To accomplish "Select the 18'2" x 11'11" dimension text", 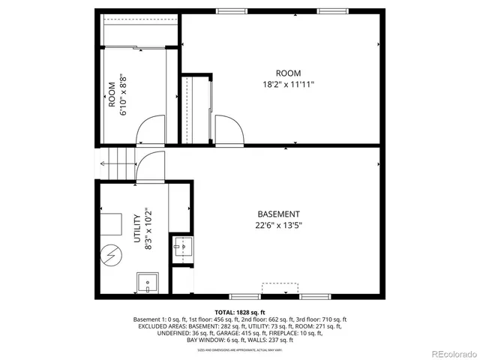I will point(288,85).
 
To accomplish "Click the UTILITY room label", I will point(136,228).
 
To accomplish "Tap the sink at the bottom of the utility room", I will point(148,284).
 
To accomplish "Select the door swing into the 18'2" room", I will point(228,129).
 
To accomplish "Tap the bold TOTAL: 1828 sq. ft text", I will point(240,312).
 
